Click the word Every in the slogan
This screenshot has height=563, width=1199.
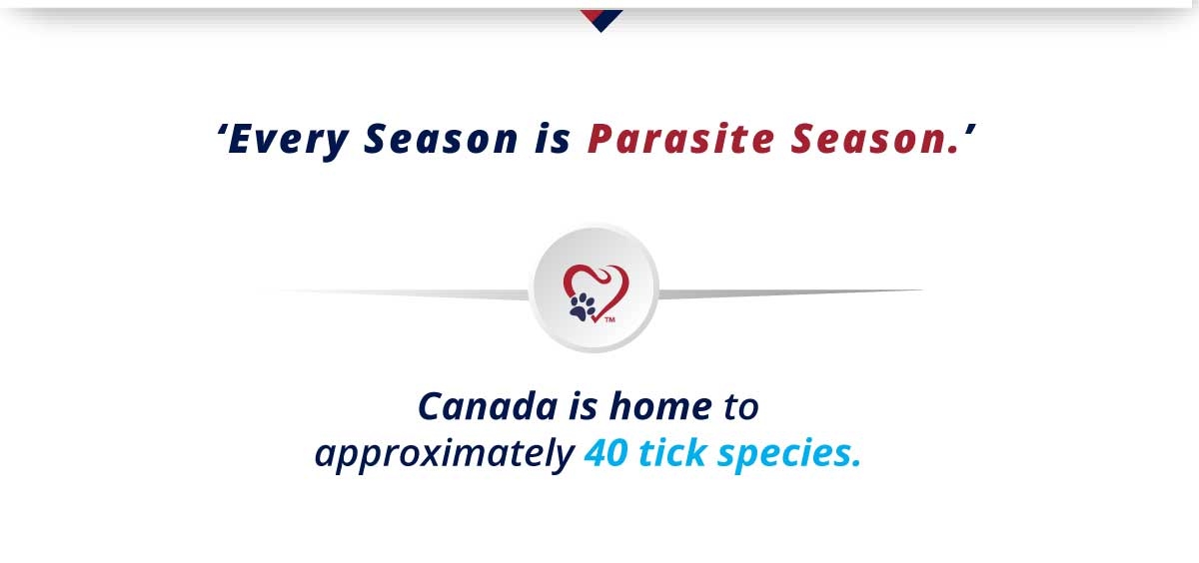click(x=288, y=140)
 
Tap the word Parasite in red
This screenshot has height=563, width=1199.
click(x=680, y=139)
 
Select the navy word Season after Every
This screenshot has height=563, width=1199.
click(x=441, y=139)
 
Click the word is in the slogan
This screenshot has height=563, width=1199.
click(x=553, y=139)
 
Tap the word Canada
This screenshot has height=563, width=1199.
click(x=488, y=407)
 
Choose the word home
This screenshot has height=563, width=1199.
click(x=660, y=406)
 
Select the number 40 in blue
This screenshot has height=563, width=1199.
click(x=605, y=453)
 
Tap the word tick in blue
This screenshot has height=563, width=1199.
click(x=672, y=453)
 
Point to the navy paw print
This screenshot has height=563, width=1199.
click(x=583, y=306)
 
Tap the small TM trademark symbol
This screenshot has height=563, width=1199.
click(x=609, y=319)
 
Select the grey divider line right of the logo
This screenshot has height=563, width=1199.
click(x=791, y=293)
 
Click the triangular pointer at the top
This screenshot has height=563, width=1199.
click(x=601, y=20)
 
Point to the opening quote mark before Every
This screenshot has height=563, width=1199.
click(x=221, y=130)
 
